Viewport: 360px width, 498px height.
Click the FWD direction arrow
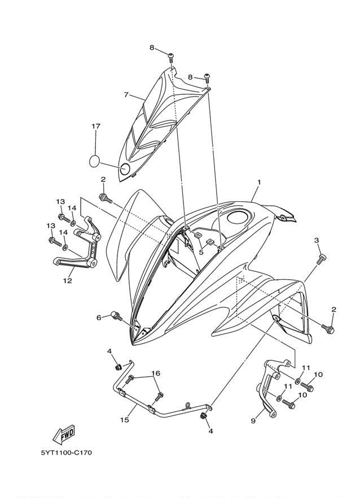click(64, 434)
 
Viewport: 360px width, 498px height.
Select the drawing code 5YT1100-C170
click(67, 452)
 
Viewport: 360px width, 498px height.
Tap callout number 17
click(96, 126)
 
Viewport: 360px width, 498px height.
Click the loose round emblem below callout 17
click(94, 161)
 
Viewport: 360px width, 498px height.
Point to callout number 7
click(126, 95)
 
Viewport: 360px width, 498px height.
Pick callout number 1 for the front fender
click(259, 182)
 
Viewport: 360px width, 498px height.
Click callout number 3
click(317, 240)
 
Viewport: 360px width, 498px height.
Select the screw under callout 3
click(321, 258)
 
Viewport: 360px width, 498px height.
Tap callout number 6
click(99, 318)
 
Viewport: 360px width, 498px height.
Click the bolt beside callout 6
click(116, 316)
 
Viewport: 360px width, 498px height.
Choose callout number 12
click(67, 280)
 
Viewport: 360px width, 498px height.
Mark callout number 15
click(125, 420)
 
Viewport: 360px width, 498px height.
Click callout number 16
click(155, 373)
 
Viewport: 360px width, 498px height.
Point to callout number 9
click(253, 421)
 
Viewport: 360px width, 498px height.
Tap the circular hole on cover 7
click(125, 169)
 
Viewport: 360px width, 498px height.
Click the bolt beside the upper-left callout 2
click(106, 198)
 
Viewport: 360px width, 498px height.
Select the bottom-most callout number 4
click(210, 431)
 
